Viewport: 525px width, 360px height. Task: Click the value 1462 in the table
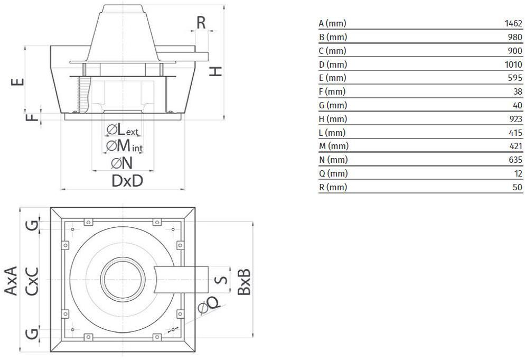click(513, 24)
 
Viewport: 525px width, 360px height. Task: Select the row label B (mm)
click(332, 37)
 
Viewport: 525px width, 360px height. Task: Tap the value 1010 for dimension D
click(513, 64)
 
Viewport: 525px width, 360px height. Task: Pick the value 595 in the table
click(515, 78)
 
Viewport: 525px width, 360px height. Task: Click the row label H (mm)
click(333, 119)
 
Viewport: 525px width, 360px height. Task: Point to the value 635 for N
click(515, 160)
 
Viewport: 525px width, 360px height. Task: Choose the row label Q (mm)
click(333, 173)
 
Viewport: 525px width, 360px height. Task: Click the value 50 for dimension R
click(517, 187)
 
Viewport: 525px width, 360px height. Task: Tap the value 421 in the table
click(515, 146)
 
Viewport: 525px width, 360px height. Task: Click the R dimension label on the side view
click(201, 23)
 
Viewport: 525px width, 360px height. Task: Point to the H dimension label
click(215, 71)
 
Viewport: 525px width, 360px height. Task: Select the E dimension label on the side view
click(18, 82)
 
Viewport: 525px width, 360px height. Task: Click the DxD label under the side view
click(127, 181)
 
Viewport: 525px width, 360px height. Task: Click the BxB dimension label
click(243, 281)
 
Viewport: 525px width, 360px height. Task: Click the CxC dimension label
click(32, 280)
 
